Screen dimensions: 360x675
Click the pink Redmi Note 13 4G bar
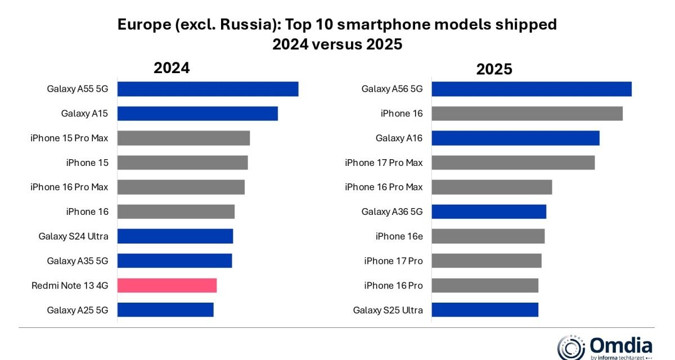coord(167,286)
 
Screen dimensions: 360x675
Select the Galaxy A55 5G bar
coord(208,89)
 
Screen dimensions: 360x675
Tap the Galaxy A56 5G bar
coord(532,89)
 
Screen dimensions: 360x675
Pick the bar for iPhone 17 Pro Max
coord(513,163)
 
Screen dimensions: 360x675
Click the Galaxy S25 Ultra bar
coord(485,310)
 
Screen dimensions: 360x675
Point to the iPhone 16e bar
coord(488,236)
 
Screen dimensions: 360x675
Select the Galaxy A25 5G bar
coord(165,310)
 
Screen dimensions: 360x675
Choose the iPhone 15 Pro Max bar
coord(183,138)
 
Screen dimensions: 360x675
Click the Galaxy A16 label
coord(399,138)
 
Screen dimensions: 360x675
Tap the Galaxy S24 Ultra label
coord(73,236)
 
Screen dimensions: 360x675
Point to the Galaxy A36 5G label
coord(391,212)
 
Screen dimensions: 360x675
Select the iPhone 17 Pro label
coord(393,261)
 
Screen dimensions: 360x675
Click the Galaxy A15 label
coord(84,114)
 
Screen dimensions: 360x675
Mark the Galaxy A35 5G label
coord(78,261)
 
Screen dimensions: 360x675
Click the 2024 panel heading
coord(172,68)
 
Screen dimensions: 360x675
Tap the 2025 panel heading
coord(494,69)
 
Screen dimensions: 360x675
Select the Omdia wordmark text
coord(620,344)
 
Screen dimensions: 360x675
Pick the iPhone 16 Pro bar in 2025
coord(485,286)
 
